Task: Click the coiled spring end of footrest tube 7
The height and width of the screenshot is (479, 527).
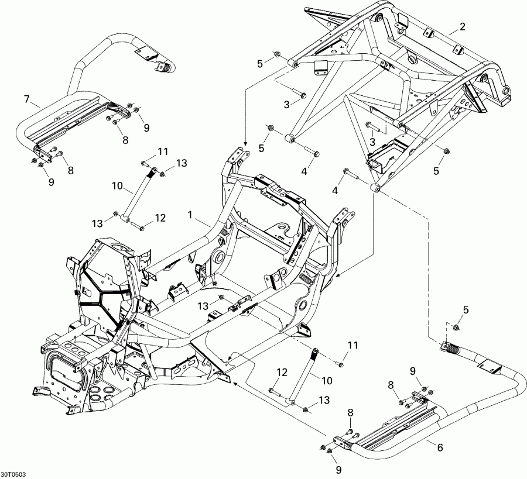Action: [x=166, y=68]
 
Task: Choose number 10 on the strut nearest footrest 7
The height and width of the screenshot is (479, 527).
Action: [x=117, y=186]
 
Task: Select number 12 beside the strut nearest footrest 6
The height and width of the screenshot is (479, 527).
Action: [x=282, y=372]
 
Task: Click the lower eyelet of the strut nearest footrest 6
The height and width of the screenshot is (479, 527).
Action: [x=290, y=402]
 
